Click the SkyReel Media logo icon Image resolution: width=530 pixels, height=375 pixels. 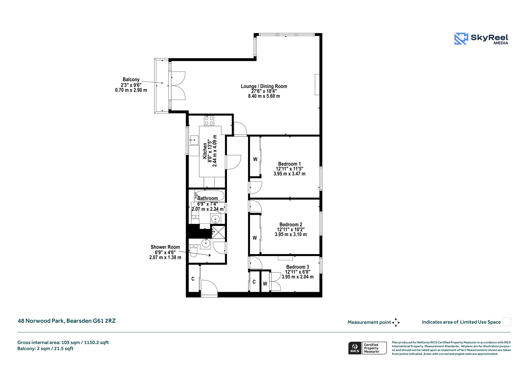[461, 39]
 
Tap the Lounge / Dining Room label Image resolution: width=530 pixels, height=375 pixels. [264, 86]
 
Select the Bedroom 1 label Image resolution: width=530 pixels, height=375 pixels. [289, 164]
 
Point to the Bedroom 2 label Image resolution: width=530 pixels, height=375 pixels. [291, 225]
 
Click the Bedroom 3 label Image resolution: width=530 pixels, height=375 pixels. [298, 267]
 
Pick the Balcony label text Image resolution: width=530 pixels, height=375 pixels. [131, 80]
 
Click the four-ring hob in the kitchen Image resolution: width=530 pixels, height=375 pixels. [209, 120]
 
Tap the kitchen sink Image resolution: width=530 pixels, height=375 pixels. [194, 140]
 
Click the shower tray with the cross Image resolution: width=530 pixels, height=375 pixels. [218, 232]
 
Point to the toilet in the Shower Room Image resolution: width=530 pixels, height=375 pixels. [193, 251]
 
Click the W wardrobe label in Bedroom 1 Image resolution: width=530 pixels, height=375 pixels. [255, 159]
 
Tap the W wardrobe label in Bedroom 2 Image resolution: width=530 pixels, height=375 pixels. [255, 238]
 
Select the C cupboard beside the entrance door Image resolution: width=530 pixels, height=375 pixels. [193, 279]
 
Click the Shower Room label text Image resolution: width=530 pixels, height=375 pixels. [165, 247]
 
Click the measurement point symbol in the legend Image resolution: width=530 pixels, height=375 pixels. [396, 322]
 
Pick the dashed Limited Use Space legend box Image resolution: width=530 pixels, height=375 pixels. [507, 322]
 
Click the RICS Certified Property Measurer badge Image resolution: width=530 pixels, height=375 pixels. [367, 348]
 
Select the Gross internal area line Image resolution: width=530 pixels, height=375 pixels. [63, 343]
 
